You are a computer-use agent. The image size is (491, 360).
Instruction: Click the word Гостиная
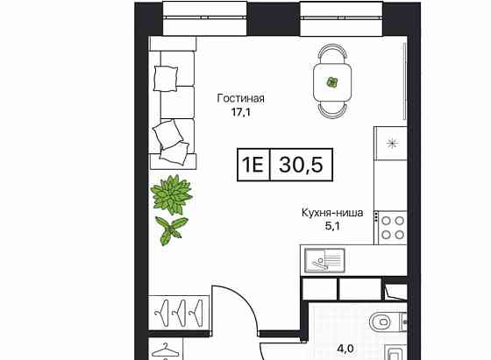(x=240, y=99)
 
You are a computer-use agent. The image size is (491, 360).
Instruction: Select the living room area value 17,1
(x=240, y=112)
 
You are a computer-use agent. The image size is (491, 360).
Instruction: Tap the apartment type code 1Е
(x=253, y=164)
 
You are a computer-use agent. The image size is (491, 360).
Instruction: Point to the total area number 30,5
(x=297, y=164)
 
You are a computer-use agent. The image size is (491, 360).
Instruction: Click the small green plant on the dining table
(x=332, y=82)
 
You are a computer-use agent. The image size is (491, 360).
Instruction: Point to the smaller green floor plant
(x=171, y=229)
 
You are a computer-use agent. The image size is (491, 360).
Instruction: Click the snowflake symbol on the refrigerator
(x=391, y=144)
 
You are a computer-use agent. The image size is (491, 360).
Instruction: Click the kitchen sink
(x=324, y=258)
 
